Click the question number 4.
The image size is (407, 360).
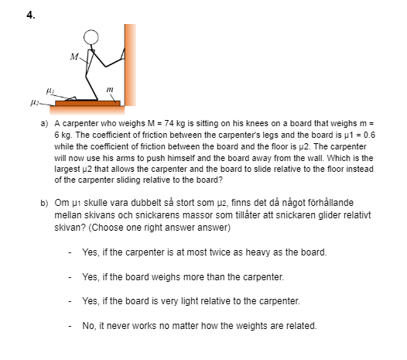[31, 15]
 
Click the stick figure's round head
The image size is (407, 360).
[91, 37]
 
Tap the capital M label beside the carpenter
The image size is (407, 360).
[74, 57]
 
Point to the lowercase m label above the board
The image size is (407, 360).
[110, 90]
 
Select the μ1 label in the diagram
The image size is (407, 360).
[50, 91]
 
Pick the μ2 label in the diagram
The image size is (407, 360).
[35, 103]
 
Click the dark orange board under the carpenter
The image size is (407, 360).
[87, 104]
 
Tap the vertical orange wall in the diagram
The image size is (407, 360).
[130, 65]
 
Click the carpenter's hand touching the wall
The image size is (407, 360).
[123, 54]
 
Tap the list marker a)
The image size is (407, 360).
[44, 123]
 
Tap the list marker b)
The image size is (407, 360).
[44, 203]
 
